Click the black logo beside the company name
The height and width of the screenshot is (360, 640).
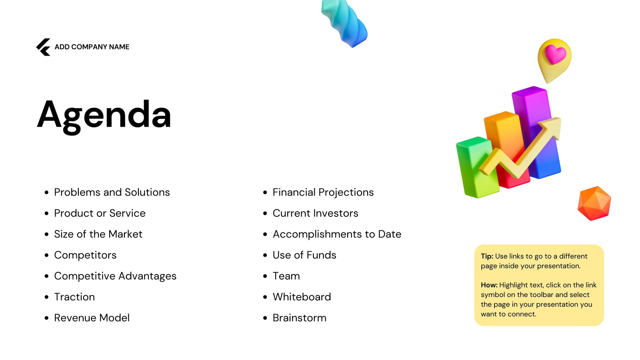[44, 47]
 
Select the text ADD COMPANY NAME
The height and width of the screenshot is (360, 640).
[92, 47]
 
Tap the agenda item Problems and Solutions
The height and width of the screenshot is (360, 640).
[112, 192]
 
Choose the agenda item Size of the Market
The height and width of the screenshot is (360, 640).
[98, 234]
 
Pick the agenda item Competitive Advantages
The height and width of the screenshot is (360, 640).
[116, 276]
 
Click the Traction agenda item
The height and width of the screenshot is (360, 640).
[74, 297]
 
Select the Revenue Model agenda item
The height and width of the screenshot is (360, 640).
[92, 318]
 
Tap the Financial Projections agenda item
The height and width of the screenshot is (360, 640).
[323, 192]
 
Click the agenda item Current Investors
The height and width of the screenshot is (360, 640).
[316, 214]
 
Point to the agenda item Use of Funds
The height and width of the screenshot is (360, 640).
[304, 255]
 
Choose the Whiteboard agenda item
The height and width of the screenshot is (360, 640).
[302, 297]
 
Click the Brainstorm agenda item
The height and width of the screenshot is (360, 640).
[300, 318]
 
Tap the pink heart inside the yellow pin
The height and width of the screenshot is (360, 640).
[555, 54]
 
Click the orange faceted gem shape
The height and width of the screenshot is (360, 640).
[594, 203]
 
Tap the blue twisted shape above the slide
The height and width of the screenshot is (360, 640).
[344, 23]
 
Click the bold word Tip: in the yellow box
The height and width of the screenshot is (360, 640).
[487, 256]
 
